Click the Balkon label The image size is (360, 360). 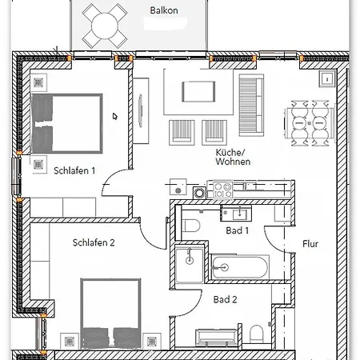coord(164,10)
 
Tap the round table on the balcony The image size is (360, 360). coord(105,26)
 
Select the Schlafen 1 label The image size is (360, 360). coord(74,170)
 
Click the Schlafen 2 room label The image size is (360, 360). coord(94,242)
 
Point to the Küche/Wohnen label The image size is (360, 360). coord(233,157)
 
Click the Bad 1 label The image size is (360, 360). coord(237,230)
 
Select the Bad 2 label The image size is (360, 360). coord(225,299)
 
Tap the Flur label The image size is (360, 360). coord(310,244)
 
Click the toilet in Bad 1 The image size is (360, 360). coord(191,226)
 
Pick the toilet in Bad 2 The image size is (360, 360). coord(257,334)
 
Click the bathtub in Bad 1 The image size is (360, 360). coord(239,267)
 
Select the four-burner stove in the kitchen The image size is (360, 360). coord(223,190)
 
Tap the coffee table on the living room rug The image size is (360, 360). coord(198,91)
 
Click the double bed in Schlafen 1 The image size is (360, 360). coord(66,123)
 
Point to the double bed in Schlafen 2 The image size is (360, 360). coord(110,314)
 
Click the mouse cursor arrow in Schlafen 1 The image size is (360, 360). coord(114,116)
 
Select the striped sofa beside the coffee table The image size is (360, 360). coord(251,105)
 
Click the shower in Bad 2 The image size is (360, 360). coord(189,264)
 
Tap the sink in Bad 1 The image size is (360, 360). coord(236,214)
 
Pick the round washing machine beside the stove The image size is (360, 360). coord(199,193)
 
